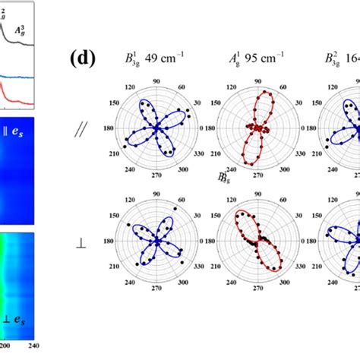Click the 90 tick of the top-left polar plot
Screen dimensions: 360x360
point(157,81)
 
